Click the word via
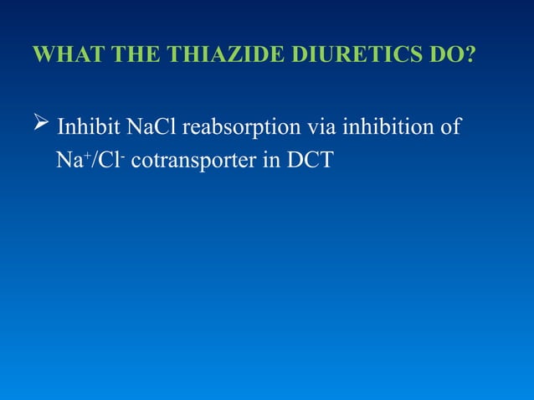point(319,129)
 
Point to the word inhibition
point(386,129)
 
